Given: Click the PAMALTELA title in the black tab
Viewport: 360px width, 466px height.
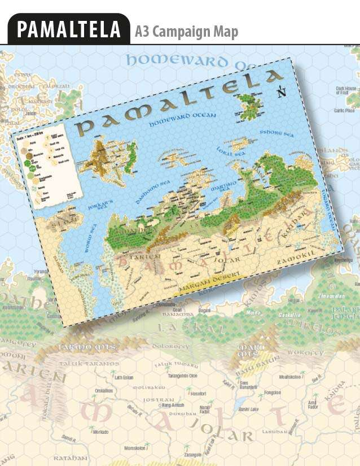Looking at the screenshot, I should (69, 29).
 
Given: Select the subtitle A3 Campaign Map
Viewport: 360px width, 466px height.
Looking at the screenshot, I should (186, 32).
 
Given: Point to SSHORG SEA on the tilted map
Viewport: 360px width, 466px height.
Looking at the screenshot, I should (277, 134).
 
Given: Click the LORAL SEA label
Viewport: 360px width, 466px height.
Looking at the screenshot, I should (230, 150).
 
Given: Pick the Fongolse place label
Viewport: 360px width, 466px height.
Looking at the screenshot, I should (273, 392).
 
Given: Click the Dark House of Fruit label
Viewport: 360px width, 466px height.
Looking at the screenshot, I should (345, 90).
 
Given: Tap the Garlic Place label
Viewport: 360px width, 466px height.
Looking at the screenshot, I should (344, 111).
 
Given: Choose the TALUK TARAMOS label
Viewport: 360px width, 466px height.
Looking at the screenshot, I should (94, 363).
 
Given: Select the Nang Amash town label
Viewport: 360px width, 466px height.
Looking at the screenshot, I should (173, 405).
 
